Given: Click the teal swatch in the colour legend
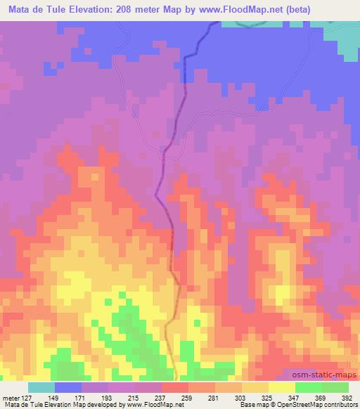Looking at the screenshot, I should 41,387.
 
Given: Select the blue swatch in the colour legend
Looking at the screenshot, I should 68,387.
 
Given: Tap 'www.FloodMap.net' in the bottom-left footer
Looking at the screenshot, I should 153,405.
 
